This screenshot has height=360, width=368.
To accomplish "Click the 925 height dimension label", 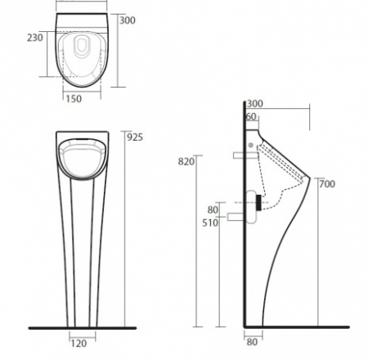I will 135,137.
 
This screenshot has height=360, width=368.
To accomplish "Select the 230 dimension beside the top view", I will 34,37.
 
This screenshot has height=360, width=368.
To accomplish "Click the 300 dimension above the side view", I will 254,104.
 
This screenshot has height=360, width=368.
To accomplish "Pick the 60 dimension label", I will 251,117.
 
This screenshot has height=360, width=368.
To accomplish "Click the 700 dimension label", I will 325,183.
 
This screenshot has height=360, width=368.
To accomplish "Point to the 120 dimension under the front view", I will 79,344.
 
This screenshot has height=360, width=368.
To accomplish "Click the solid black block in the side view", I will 258,201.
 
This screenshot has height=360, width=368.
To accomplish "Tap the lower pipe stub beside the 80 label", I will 237,216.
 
